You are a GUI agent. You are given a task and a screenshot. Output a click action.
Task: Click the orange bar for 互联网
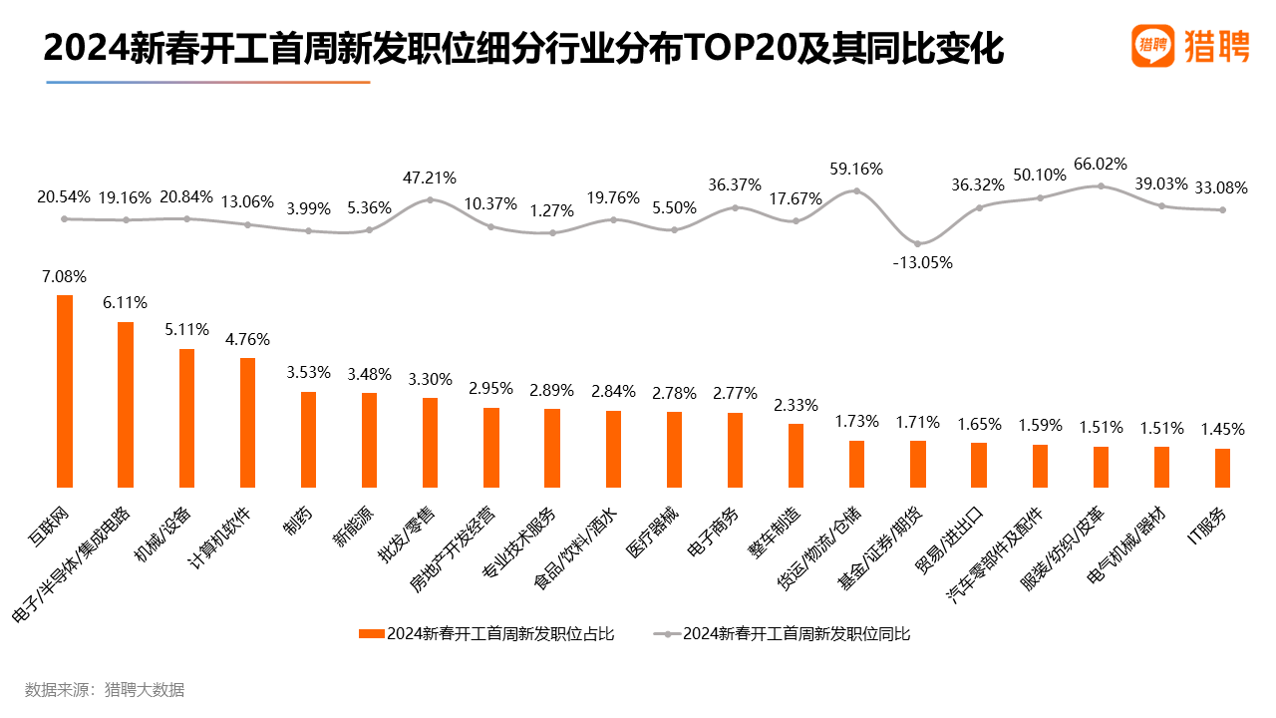(x=65, y=389)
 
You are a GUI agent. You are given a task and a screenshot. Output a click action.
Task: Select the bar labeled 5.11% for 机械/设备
(x=186, y=416)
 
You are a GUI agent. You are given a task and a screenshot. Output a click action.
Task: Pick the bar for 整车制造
(x=796, y=454)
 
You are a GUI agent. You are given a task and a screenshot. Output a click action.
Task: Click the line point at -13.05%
(x=918, y=243)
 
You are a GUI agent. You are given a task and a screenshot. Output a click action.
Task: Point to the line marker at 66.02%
(x=1101, y=185)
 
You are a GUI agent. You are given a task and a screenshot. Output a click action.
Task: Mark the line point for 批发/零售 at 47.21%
(x=430, y=199)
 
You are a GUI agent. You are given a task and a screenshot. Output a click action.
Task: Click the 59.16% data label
(x=856, y=170)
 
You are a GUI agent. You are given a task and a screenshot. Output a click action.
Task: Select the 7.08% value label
(x=65, y=276)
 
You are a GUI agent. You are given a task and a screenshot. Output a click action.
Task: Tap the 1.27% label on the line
(x=552, y=210)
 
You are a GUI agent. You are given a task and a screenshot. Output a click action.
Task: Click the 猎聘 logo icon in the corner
(x=1152, y=46)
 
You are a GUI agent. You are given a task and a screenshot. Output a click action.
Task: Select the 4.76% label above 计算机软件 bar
(x=248, y=339)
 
